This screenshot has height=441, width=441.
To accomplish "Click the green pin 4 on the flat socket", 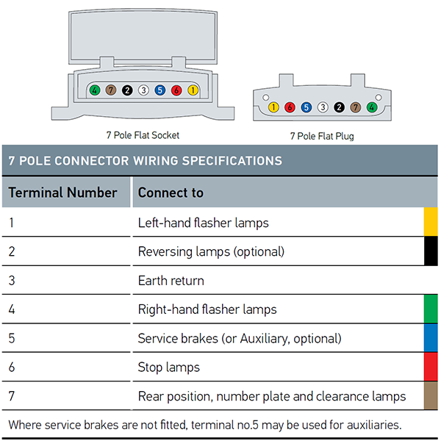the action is pyautogui.click(x=95, y=90).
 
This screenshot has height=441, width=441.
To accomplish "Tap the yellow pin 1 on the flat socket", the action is pyautogui.click(x=193, y=90).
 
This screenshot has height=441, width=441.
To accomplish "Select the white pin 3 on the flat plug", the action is pyautogui.click(x=323, y=107).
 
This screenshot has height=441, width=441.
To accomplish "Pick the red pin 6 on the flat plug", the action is pyautogui.click(x=290, y=107).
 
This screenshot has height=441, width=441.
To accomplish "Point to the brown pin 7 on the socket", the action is pyautogui.click(x=111, y=90).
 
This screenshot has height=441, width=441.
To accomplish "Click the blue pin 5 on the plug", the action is pyautogui.click(x=306, y=107).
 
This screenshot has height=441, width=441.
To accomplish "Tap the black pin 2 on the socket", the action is pyautogui.click(x=127, y=90).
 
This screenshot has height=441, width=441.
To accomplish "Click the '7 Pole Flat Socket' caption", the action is pyautogui.click(x=143, y=135).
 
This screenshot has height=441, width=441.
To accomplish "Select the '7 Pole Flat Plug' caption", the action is pyautogui.click(x=322, y=136).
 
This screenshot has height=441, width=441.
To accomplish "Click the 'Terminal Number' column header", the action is pyautogui.click(x=62, y=193).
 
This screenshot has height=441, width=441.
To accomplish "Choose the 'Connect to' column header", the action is pyautogui.click(x=171, y=193).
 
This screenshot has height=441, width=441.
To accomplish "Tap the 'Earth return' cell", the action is pyautogui.click(x=171, y=281).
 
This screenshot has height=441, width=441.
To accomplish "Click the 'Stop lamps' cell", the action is pyautogui.click(x=169, y=367).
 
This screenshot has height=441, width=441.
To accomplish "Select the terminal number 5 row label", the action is pyautogui.click(x=12, y=338).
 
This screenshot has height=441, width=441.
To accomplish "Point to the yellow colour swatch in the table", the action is pyautogui.click(x=431, y=222).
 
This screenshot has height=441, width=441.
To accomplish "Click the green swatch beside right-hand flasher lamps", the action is pyautogui.click(x=431, y=309).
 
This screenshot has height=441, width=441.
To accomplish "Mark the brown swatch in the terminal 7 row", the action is pyautogui.click(x=431, y=395).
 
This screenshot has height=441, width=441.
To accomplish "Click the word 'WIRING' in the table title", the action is pyautogui.click(x=156, y=161).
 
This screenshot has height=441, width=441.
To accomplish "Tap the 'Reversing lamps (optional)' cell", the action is pyautogui.click(x=211, y=251).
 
